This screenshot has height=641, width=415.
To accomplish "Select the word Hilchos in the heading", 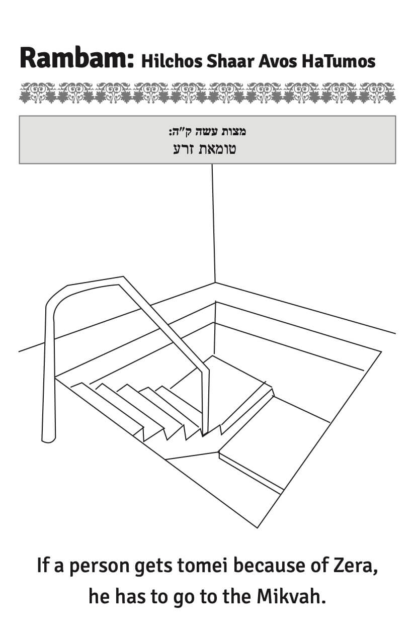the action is (x=172, y=61).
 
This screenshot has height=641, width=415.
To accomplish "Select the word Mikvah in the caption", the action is (x=291, y=596).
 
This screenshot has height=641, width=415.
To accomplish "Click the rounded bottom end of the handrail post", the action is (x=48, y=439).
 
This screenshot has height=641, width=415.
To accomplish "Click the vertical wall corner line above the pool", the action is (x=213, y=223).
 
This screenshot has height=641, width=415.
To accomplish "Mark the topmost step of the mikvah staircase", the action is (x=107, y=406).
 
